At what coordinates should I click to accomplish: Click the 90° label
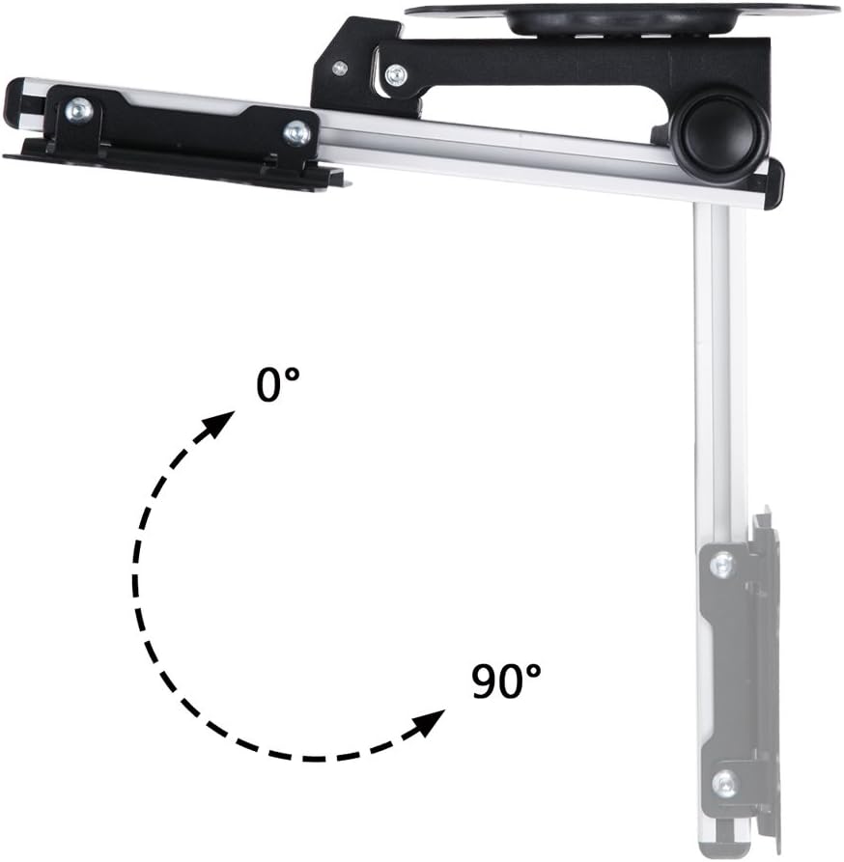tap(505, 682)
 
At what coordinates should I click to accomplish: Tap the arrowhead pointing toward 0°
tap(220, 421)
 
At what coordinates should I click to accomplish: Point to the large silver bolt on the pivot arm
tap(394, 75)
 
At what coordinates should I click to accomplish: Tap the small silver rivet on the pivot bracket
tap(339, 68)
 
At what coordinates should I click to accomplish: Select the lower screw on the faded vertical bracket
tap(723, 783)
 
